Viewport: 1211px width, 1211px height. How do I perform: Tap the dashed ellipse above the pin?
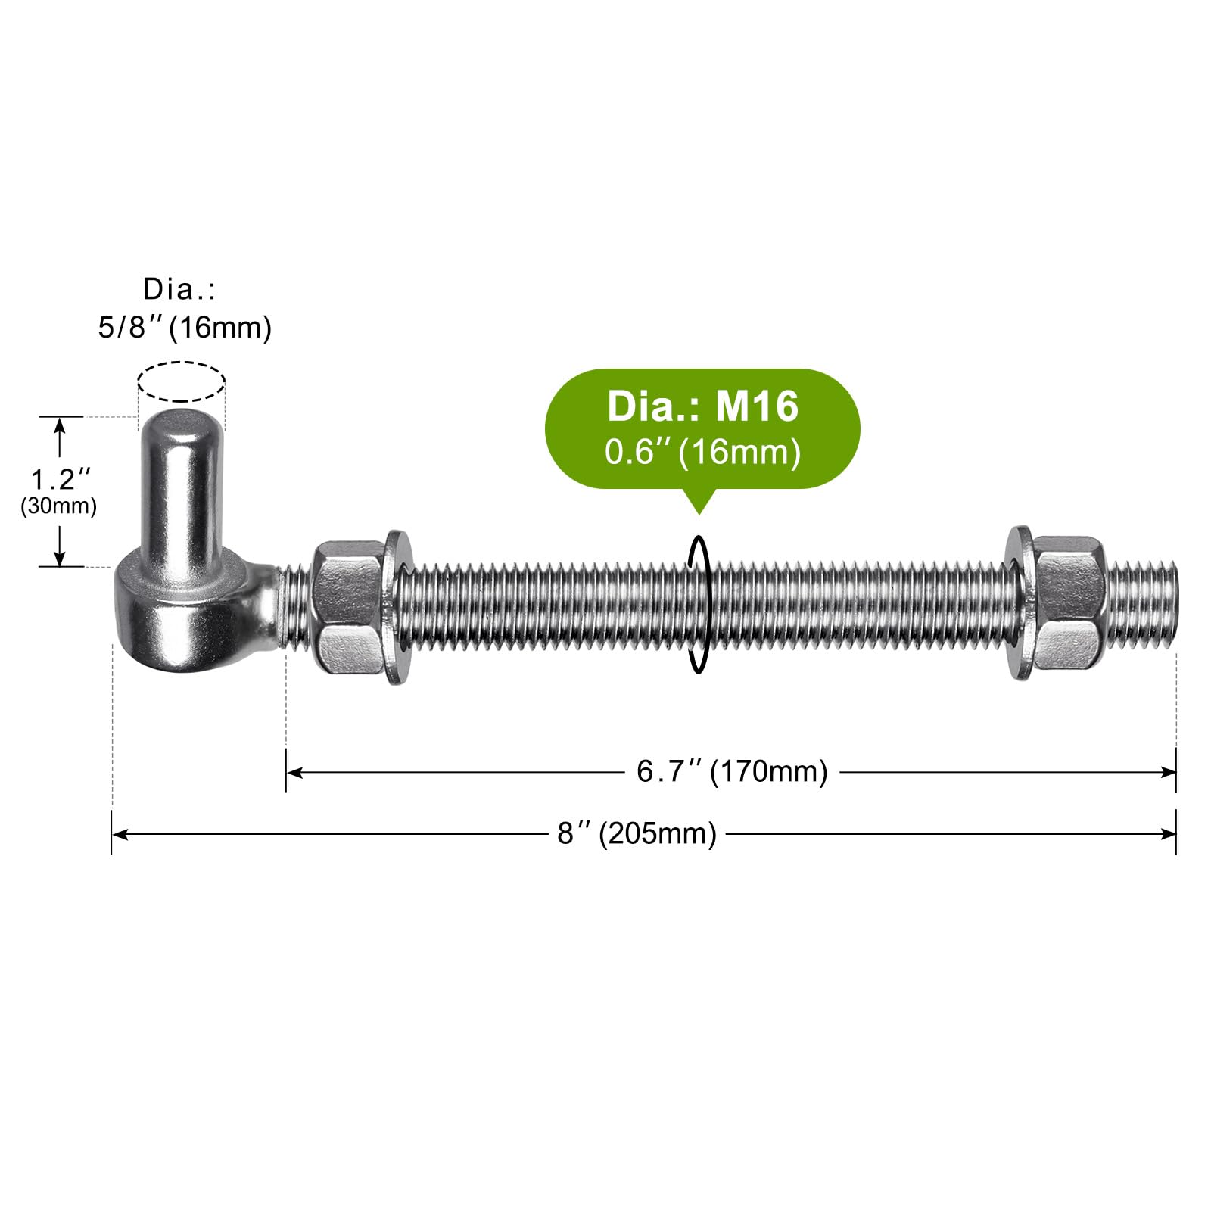(181, 363)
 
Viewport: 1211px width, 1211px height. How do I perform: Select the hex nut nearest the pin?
(349, 606)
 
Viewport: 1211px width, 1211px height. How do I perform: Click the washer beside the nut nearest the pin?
(399, 606)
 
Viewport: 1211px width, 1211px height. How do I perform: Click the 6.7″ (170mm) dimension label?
(732, 772)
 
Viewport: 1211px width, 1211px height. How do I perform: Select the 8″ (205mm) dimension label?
(637, 834)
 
